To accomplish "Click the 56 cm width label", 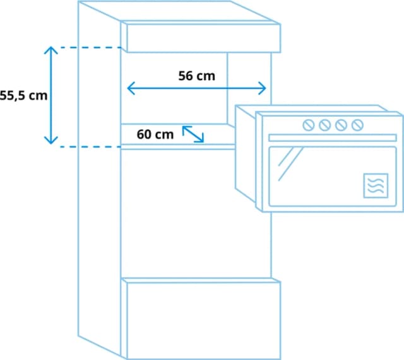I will [x=196, y=76].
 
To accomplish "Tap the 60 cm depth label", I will [x=155, y=134].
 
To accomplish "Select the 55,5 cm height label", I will [x=23, y=96].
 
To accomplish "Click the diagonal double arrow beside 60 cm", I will [x=193, y=134].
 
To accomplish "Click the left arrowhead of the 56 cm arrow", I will [x=130, y=88].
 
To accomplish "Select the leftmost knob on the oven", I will [x=309, y=125].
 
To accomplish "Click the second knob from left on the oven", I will [x=324, y=125].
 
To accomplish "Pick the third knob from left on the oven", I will [x=341, y=125].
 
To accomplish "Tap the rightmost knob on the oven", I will [x=357, y=125].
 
